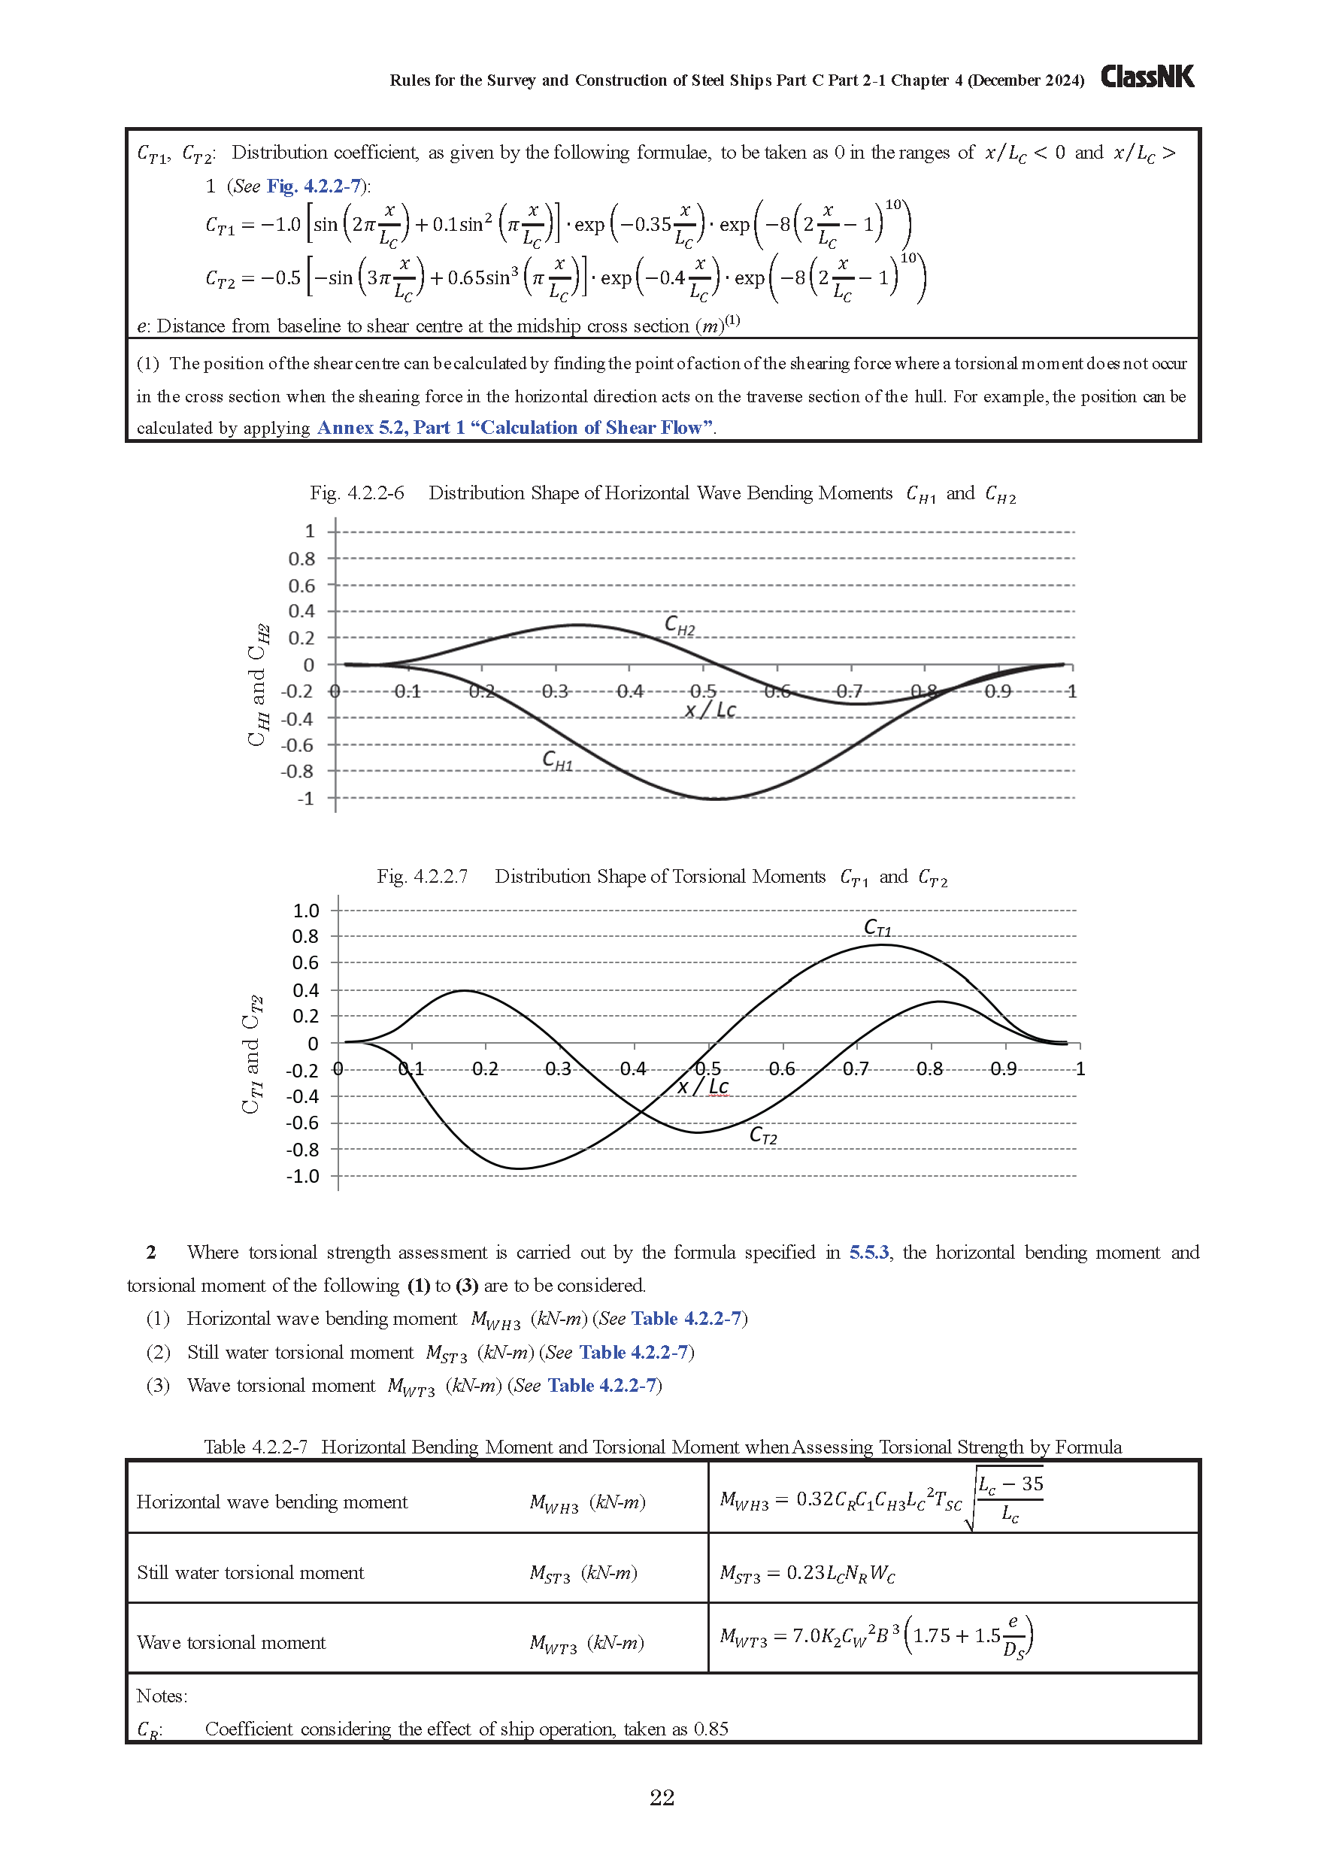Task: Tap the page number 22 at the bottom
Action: click(x=662, y=1797)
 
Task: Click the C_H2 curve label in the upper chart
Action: click(x=680, y=625)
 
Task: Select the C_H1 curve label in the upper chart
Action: click(x=557, y=761)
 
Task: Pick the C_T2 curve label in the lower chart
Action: click(x=763, y=1135)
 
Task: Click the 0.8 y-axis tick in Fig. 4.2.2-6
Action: click(x=301, y=559)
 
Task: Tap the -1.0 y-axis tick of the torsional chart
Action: click(x=303, y=1176)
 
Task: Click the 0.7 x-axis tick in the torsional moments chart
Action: click(x=855, y=1068)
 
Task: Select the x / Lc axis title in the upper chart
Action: click(x=710, y=710)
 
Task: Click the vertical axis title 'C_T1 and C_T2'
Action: click(x=251, y=1054)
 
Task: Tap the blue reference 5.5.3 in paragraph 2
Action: click(x=869, y=1252)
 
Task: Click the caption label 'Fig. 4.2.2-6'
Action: click(x=356, y=492)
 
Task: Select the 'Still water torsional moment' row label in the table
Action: click(x=250, y=1572)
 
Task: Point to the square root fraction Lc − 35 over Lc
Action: click(x=1010, y=1499)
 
